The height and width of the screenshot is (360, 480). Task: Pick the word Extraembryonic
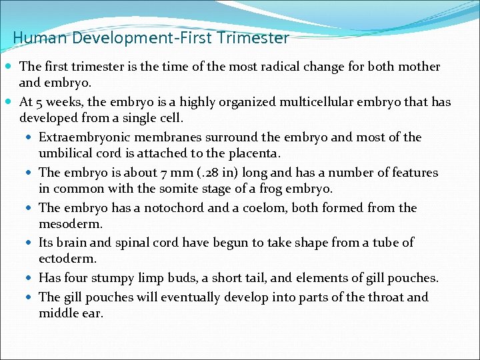(x=82, y=137)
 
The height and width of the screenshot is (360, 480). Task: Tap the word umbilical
(x=67, y=153)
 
